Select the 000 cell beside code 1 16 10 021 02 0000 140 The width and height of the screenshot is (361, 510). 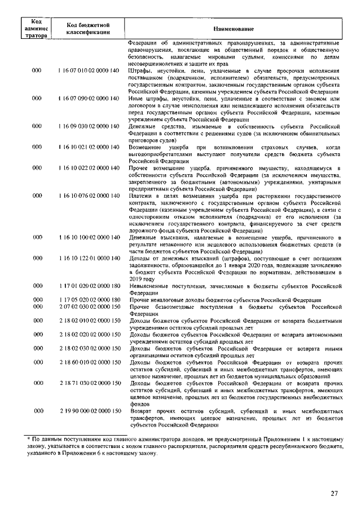click(x=37, y=147)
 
